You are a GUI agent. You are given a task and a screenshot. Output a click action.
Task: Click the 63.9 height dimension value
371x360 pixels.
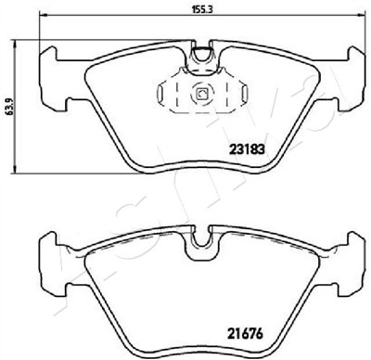click(x=9, y=107)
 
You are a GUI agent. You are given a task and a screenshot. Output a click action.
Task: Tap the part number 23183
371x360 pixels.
click(x=247, y=149)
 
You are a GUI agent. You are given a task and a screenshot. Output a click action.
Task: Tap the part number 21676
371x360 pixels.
click(x=245, y=333)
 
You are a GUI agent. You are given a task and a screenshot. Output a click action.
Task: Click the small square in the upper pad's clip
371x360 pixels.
click(x=202, y=94)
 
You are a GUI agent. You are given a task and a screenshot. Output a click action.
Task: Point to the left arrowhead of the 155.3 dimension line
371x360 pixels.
click(x=44, y=15)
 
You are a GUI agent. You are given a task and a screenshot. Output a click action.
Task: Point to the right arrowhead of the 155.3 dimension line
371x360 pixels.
click(x=361, y=15)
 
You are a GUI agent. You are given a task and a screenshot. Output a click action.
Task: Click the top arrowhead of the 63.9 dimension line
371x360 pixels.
click(x=14, y=44)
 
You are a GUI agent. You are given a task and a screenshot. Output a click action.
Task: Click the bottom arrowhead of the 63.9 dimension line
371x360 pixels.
click(x=14, y=169)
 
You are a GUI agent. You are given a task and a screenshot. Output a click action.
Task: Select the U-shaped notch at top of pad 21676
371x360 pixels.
click(x=202, y=239)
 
